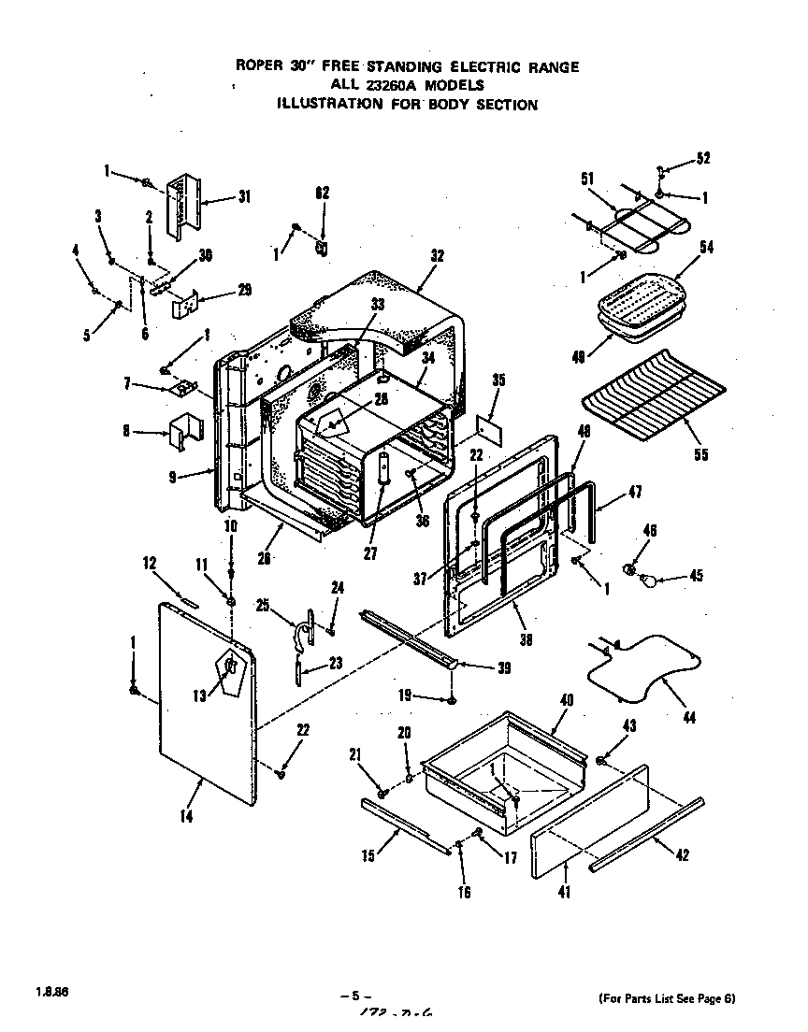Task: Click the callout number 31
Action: [244, 196]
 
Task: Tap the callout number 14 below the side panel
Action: [187, 816]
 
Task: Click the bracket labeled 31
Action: [181, 206]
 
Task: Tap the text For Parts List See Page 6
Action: [666, 998]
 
